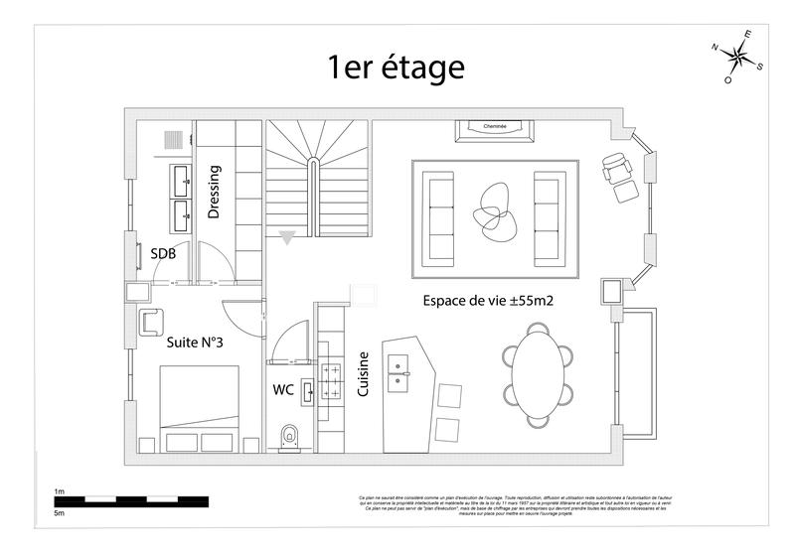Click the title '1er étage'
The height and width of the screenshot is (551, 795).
pyautogui.click(x=396, y=68)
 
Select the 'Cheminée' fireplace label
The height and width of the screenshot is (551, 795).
pyautogui.click(x=495, y=127)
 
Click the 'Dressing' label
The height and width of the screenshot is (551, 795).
pyautogui.click(x=214, y=192)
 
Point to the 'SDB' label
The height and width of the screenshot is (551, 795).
pyautogui.click(x=163, y=254)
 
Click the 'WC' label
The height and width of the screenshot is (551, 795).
pyautogui.click(x=283, y=390)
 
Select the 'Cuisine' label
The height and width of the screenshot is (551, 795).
pyautogui.click(x=364, y=375)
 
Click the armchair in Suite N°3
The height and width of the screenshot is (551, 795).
pyautogui.click(x=152, y=322)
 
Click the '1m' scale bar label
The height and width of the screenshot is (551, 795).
pyautogui.click(x=60, y=491)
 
